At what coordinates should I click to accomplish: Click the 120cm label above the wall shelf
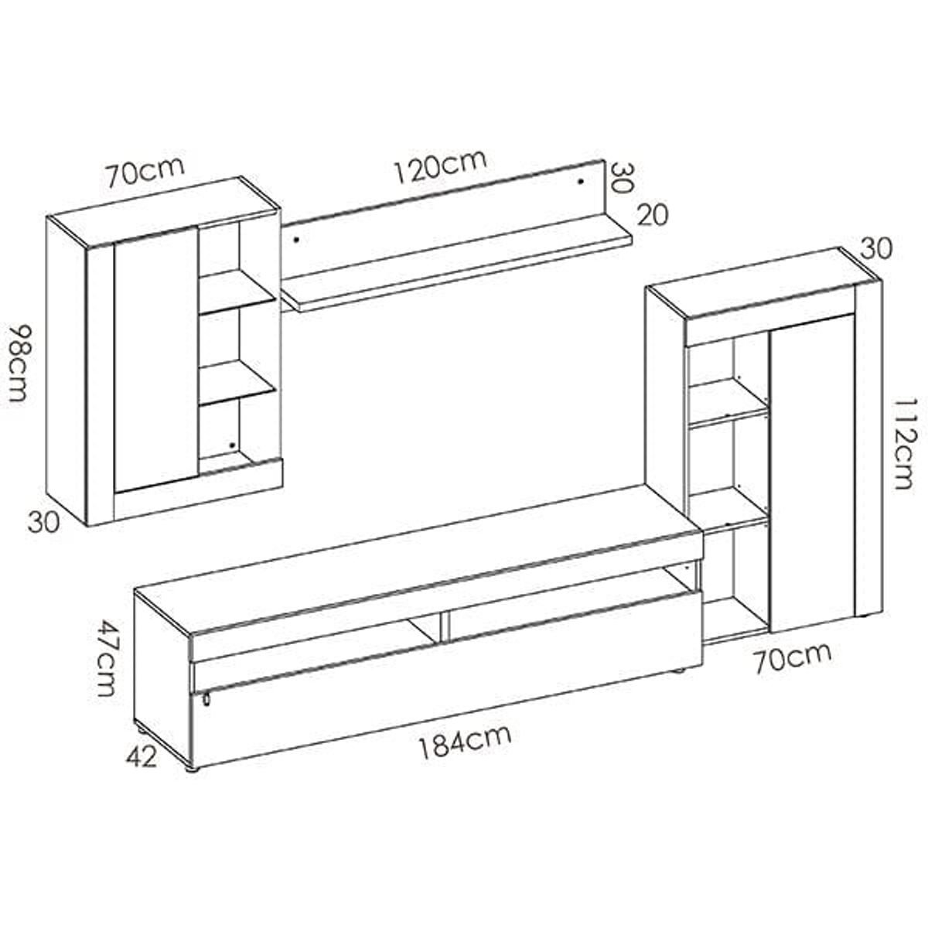point(440,166)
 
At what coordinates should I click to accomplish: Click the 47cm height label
point(106,658)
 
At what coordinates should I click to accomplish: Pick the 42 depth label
point(142,758)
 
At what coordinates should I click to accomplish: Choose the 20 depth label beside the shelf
point(653,215)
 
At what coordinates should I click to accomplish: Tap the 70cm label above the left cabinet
point(145,171)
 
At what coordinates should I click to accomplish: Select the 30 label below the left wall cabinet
point(44,523)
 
